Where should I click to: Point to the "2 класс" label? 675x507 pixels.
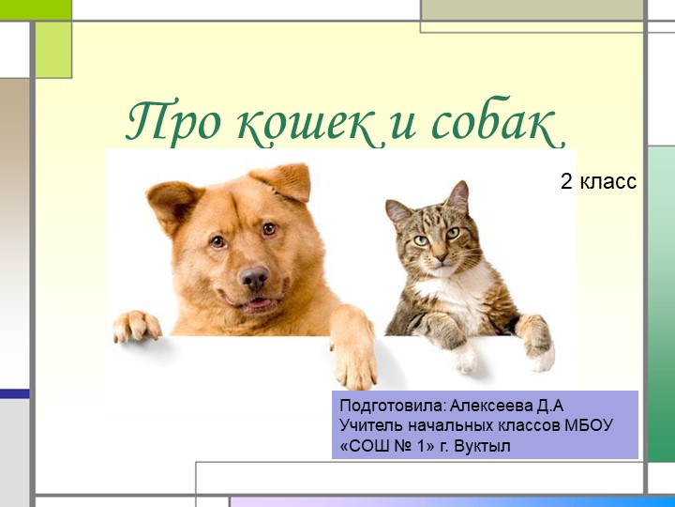(598, 182)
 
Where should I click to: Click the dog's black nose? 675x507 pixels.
(254, 276)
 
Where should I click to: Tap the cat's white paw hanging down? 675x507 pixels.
(466, 356)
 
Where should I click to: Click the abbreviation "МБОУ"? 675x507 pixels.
(590, 425)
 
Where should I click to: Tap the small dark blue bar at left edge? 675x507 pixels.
(14, 393)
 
